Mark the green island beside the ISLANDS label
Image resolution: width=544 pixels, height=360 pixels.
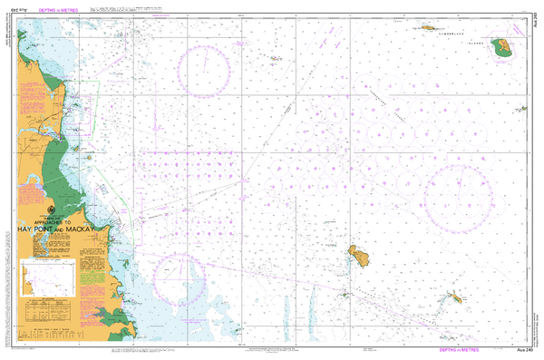coord(500,48)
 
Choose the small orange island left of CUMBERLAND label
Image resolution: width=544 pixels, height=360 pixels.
coord(426,28)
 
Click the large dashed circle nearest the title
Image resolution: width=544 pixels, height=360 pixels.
coord(181,278)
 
